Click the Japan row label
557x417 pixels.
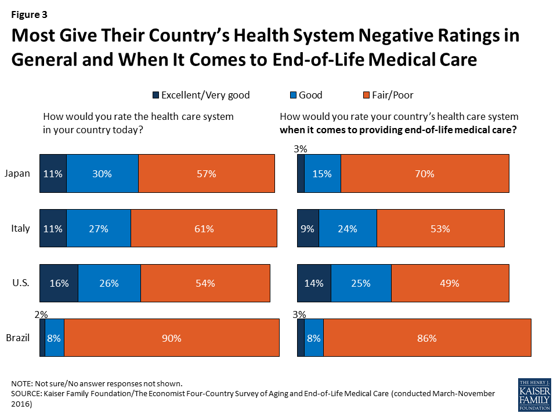17,173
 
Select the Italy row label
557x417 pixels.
20,228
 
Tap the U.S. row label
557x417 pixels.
21,283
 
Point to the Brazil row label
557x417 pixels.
18,338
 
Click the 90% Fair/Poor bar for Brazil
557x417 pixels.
171,338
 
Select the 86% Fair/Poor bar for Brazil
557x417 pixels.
426,338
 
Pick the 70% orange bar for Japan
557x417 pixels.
425,173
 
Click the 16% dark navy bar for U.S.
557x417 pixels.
59,283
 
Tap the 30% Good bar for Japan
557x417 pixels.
102,173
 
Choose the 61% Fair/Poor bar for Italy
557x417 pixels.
204,228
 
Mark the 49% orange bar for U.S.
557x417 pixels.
450,283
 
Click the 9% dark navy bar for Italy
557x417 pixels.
308,228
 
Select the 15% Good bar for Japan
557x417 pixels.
323,173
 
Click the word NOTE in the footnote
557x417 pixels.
22,384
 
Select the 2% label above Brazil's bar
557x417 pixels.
41,313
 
